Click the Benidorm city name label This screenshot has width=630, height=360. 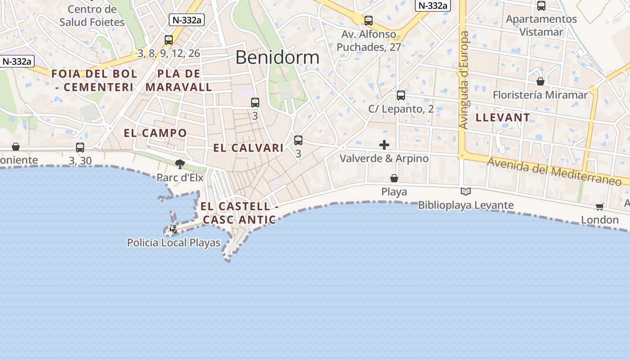277,58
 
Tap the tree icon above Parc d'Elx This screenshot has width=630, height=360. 180,164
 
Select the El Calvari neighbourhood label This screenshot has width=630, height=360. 248,148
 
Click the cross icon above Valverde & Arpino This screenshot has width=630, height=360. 384,144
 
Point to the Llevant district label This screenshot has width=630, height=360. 503,118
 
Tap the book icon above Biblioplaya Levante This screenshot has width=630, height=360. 466,192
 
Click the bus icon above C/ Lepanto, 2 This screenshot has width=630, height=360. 401,95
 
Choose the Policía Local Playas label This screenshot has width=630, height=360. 174,243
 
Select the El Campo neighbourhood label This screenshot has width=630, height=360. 155,133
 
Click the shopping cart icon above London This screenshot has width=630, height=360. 599,207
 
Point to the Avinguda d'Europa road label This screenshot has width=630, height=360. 464,80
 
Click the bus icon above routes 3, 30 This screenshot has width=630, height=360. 80,147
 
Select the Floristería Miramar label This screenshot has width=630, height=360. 540,95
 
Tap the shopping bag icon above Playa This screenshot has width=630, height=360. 394,179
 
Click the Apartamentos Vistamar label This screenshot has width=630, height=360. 541,26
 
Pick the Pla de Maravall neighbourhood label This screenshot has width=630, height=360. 179,81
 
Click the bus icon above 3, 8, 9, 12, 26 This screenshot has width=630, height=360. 169,40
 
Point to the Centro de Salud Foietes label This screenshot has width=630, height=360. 92,16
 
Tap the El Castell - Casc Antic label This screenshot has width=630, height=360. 239,213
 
